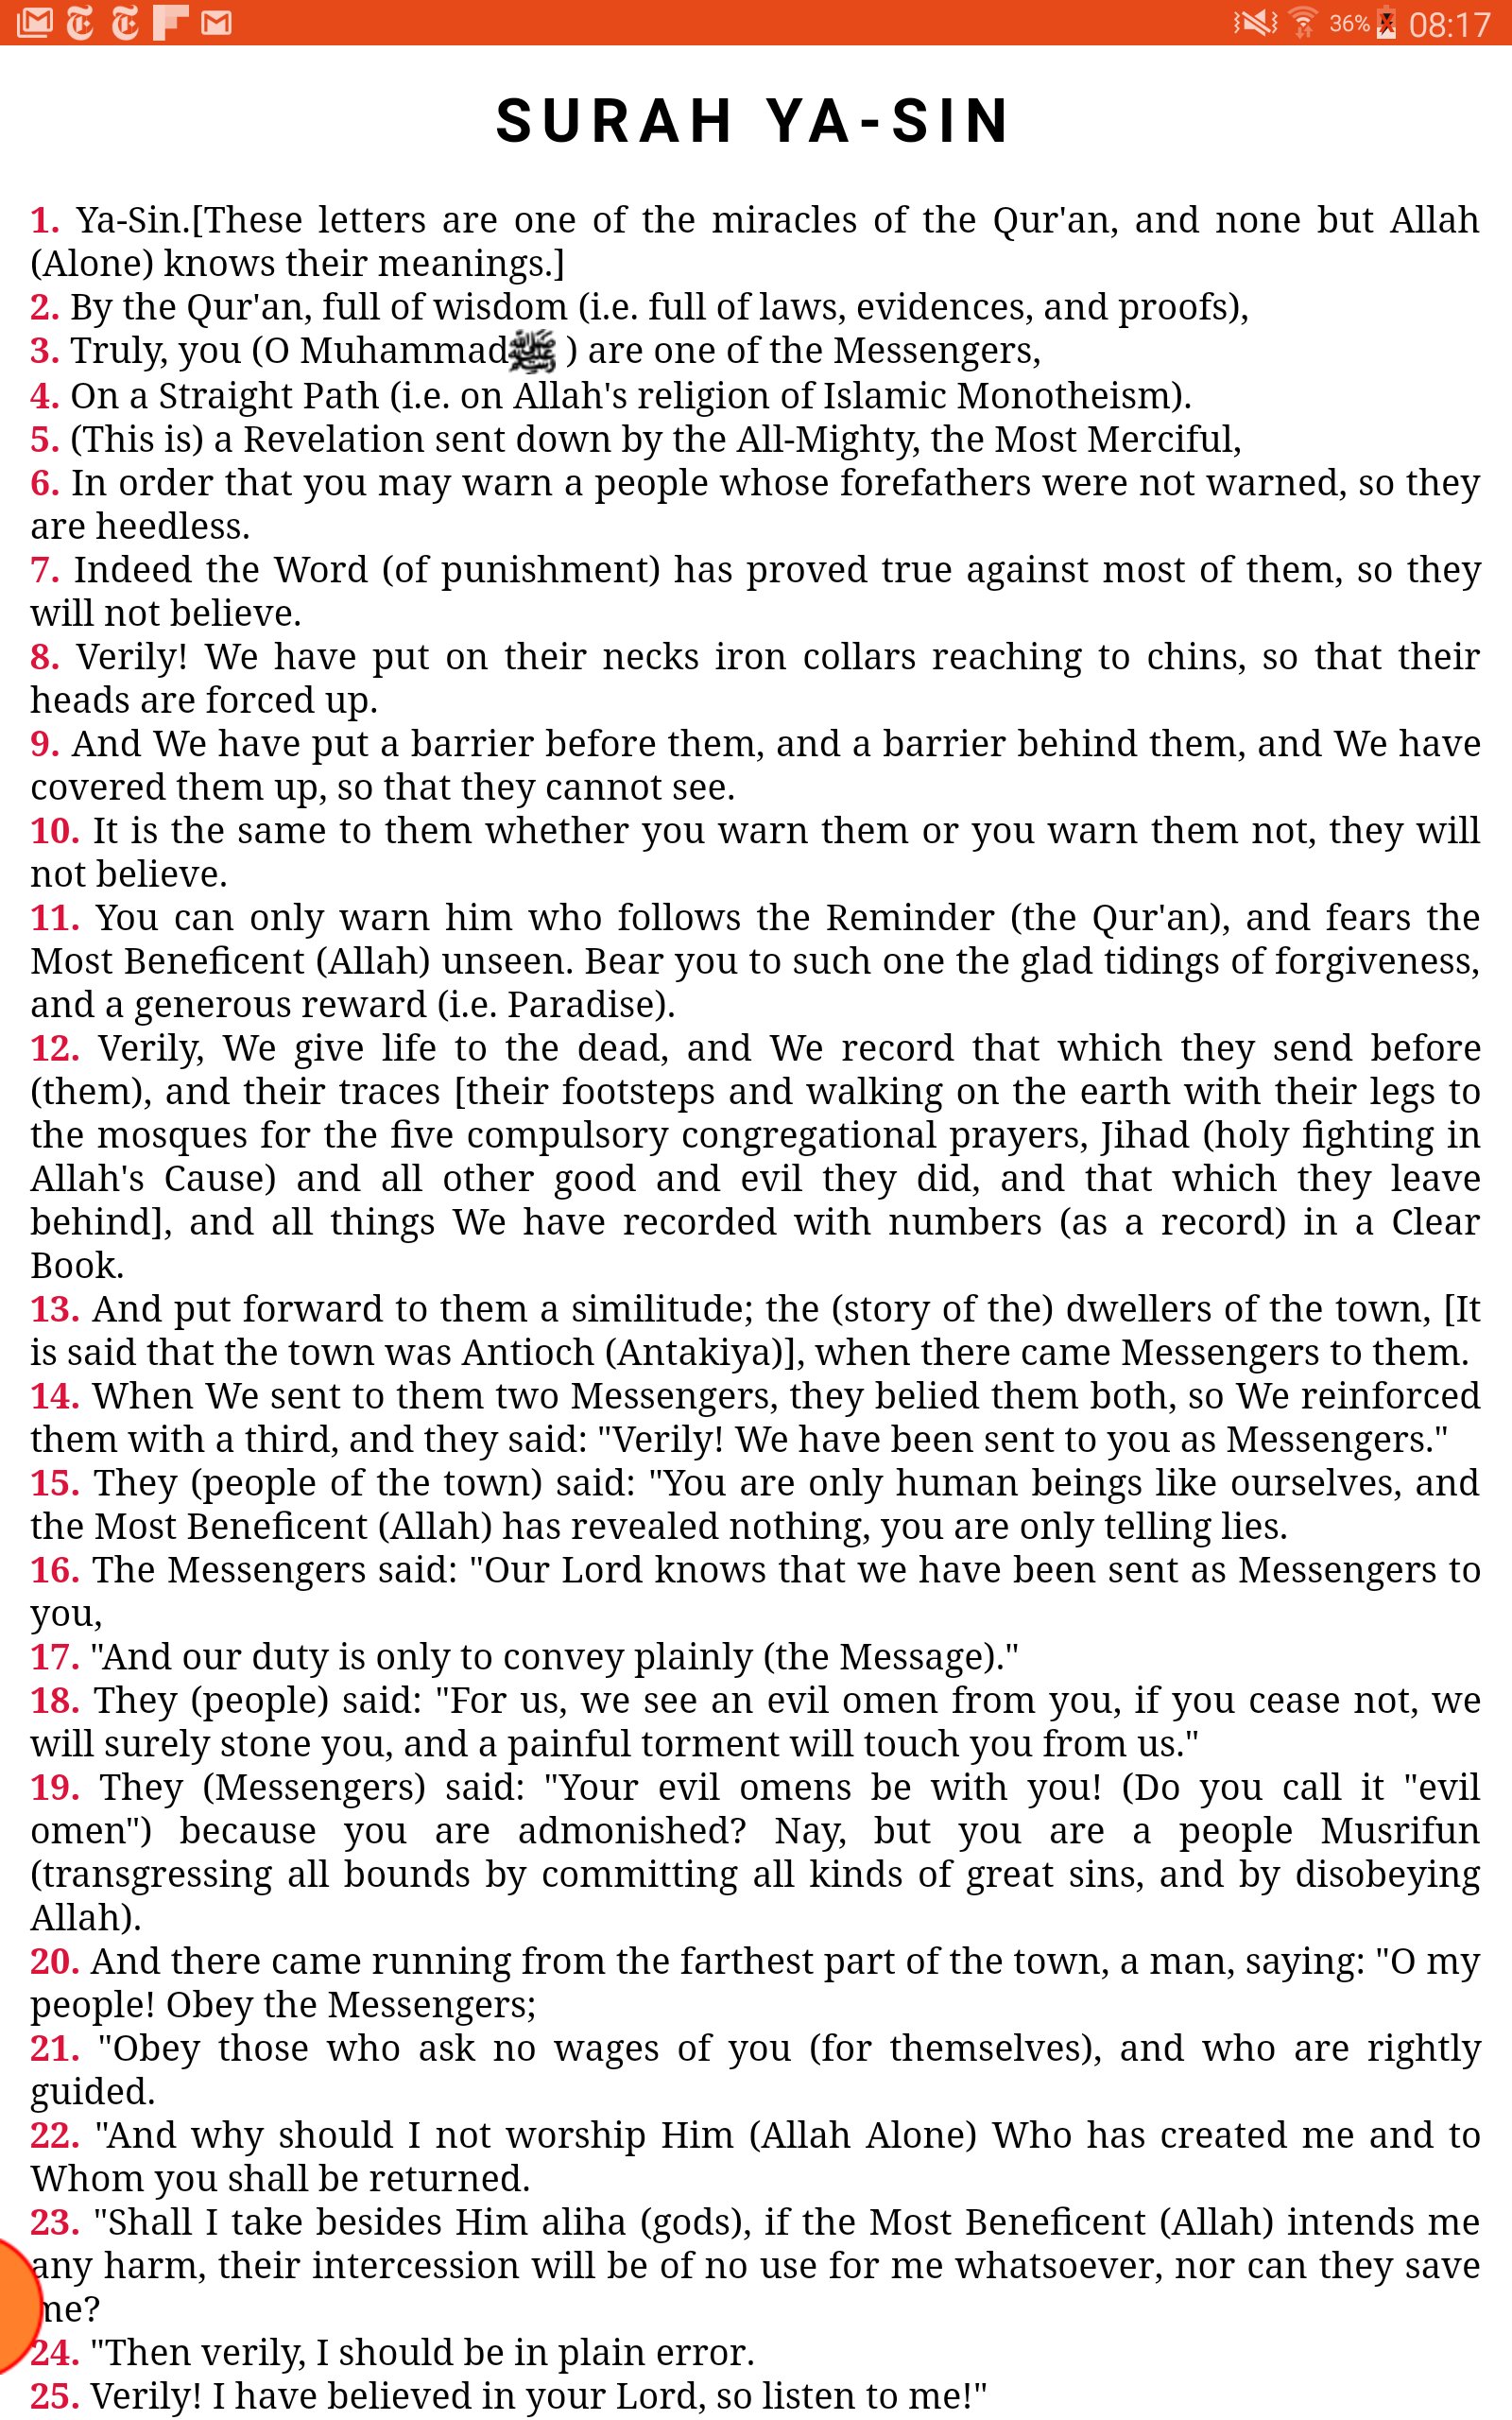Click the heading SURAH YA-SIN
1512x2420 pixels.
(x=754, y=122)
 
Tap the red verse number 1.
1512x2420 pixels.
(x=44, y=220)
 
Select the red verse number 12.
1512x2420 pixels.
(x=55, y=1048)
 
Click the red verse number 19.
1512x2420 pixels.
(x=55, y=1787)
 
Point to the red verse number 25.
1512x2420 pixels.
(x=54, y=2395)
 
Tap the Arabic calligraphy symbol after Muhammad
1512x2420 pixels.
(x=532, y=351)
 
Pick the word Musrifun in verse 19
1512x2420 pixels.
(x=1400, y=1831)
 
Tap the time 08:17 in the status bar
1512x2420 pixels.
(x=1449, y=24)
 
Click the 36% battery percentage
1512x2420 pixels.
(x=1349, y=23)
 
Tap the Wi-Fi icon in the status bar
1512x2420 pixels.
(x=1303, y=23)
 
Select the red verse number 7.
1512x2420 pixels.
(x=44, y=570)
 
